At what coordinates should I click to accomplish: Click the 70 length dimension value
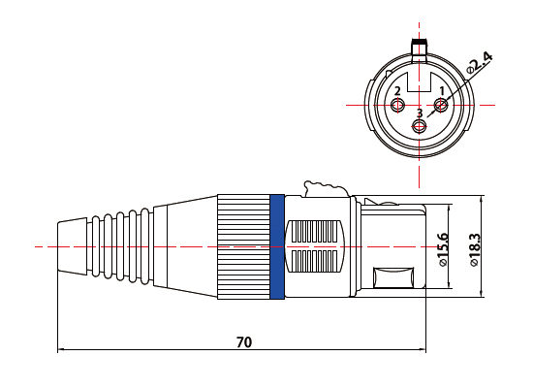click(x=244, y=341)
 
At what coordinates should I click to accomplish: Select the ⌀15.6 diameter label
click(x=443, y=249)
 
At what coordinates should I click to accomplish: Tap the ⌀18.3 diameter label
click(x=474, y=250)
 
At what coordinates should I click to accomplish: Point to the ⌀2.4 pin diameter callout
click(x=480, y=63)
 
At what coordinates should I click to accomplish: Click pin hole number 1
click(x=441, y=105)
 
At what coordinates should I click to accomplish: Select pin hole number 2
click(x=397, y=105)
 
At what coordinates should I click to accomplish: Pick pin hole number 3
click(x=419, y=127)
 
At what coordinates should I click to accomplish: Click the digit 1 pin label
click(x=442, y=91)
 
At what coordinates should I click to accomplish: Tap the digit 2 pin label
click(x=397, y=91)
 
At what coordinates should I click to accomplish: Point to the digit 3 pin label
click(x=420, y=113)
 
